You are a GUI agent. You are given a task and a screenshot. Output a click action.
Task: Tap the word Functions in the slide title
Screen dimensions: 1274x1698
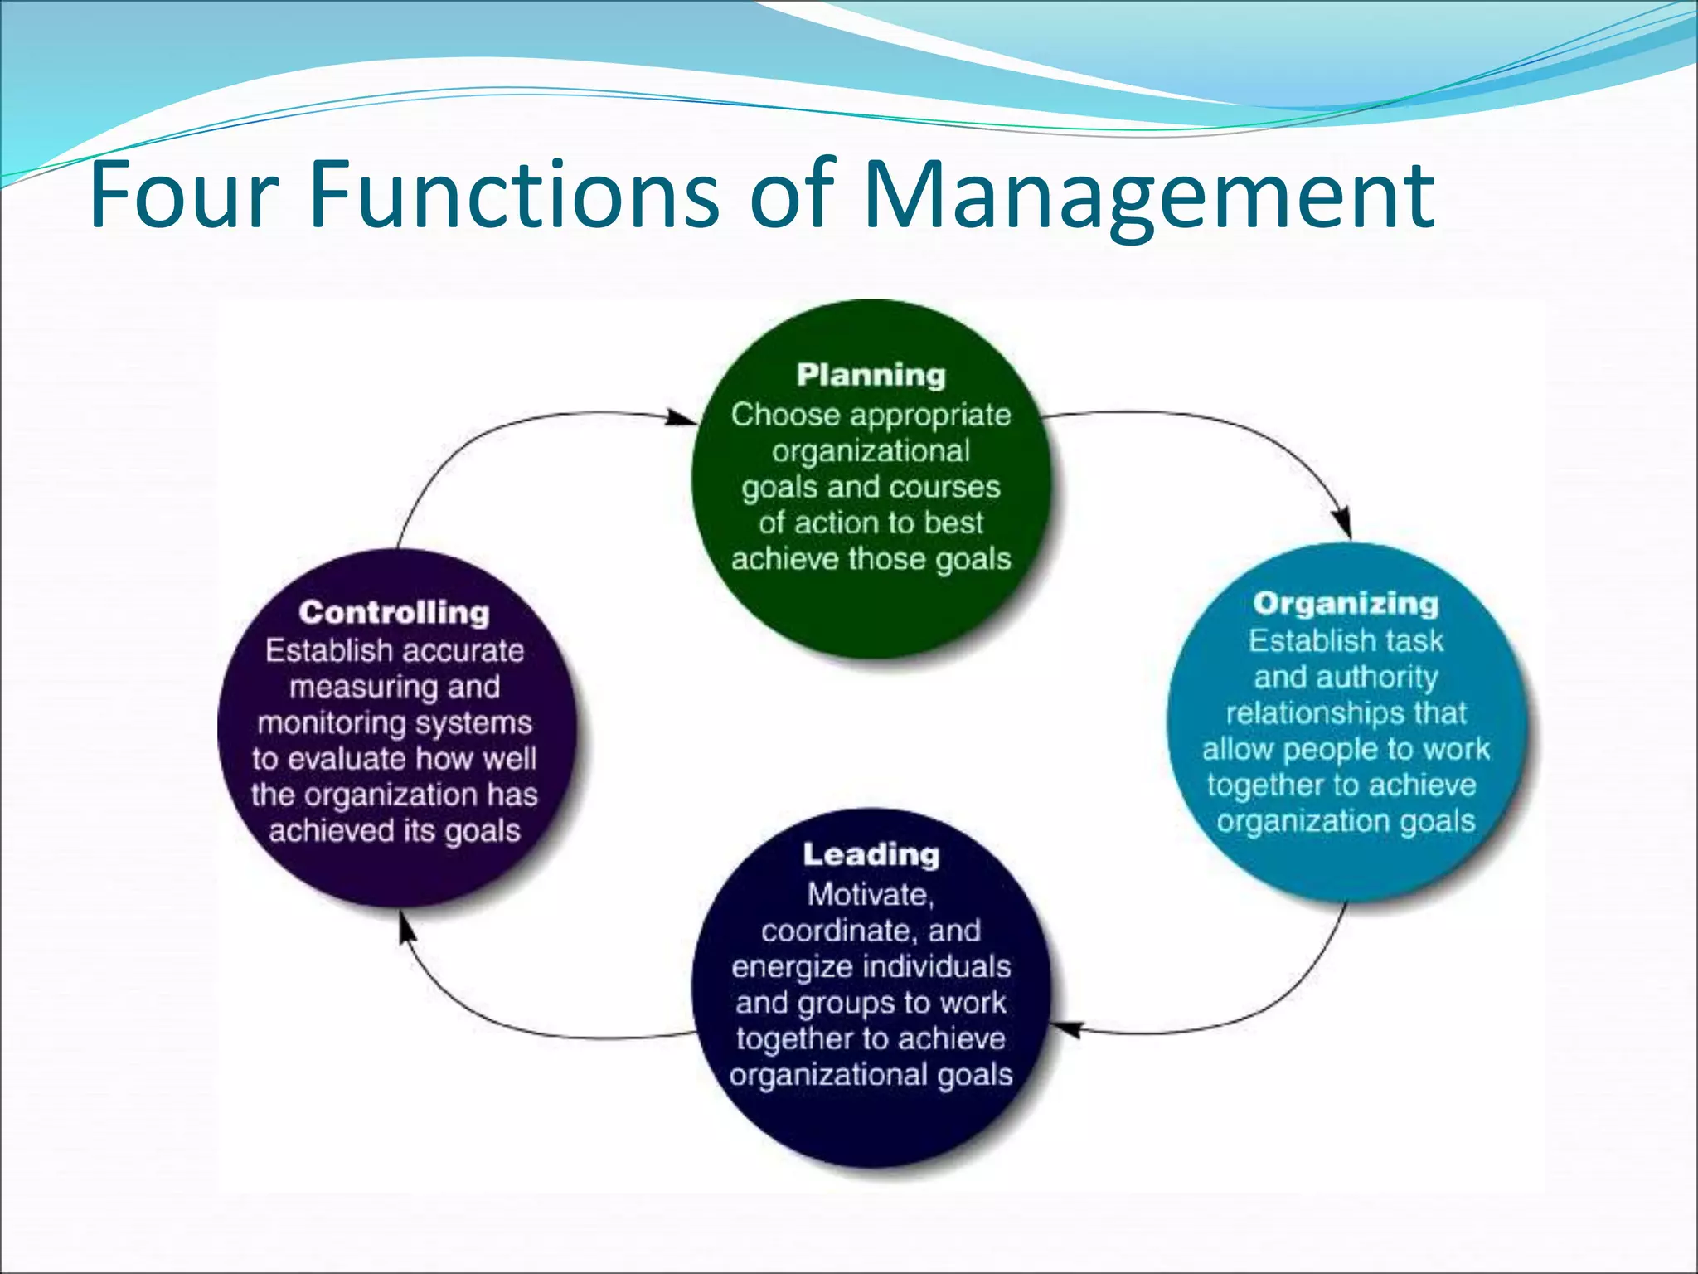(x=514, y=196)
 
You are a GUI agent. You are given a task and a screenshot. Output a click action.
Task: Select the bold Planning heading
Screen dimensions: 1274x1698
(x=871, y=375)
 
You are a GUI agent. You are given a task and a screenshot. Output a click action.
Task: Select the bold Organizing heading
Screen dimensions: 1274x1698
(x=1346, y=604)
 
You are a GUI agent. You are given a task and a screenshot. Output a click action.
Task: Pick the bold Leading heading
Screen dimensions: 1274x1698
(x=871, y=854)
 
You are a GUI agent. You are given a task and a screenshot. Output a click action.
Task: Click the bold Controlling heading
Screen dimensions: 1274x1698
(x=394, y=612)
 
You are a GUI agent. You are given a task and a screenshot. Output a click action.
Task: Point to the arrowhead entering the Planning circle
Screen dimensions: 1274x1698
(x=684, y=417)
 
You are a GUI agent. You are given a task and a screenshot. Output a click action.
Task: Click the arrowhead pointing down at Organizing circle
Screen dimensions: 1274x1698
(x=1344, y=524)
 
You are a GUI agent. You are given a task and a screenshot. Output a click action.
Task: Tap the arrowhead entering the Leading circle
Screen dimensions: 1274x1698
(x=1065, y=1028)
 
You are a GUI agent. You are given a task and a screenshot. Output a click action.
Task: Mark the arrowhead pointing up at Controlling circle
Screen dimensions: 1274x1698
(x=405, y=927)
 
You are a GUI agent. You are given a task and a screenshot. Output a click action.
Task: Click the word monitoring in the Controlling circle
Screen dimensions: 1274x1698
(x=332, y=723)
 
